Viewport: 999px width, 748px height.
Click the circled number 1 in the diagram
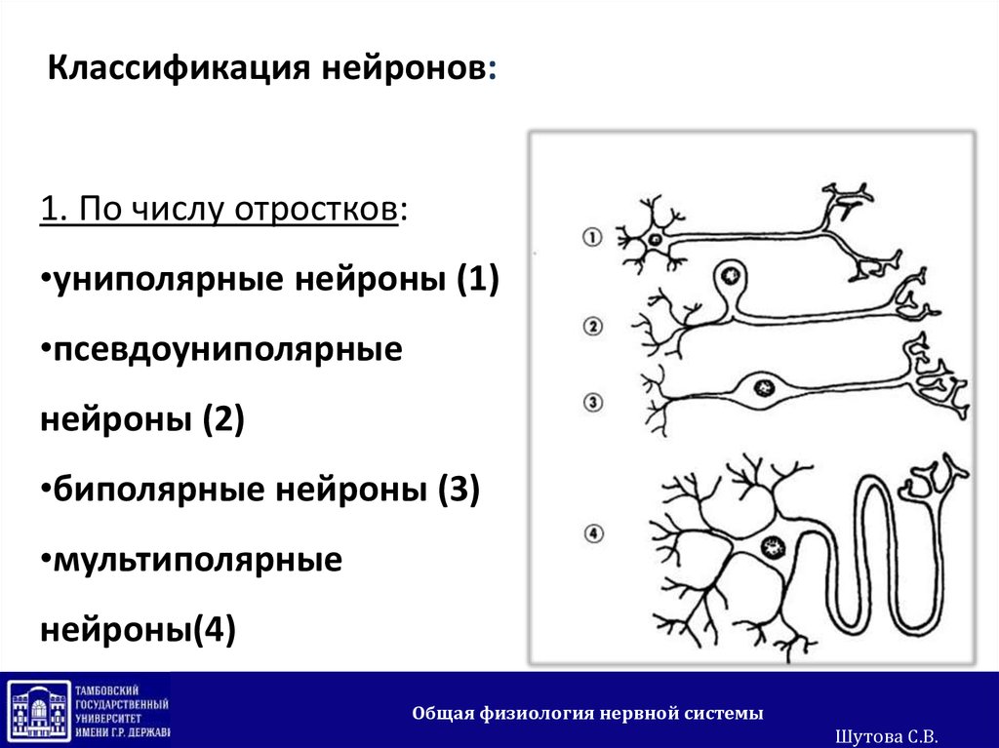pyautogui.click(x=592, y=236)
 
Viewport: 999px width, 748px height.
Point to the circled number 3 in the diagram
pyautogui.click(x=592, y=402)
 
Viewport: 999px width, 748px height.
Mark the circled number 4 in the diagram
pyautogui.click(x=592, y=532)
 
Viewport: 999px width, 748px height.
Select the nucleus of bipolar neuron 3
pyautogui.click(x=762, y=388)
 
